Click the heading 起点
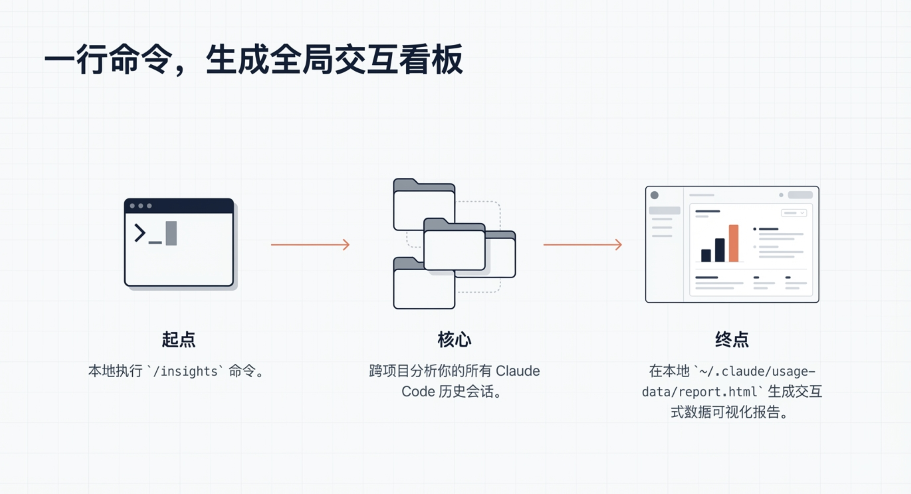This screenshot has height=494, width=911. coord(179,340)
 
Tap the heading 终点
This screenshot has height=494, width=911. coord(732,340)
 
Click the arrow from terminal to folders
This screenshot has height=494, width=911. coord(310,245)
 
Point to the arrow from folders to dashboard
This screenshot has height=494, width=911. coord(583,245)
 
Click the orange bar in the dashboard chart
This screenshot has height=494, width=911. coord(734,244)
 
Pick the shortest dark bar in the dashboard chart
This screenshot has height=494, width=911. coord(706,255)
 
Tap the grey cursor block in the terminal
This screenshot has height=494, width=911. coord(171,233)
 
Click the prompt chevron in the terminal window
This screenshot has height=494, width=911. coord(140,233)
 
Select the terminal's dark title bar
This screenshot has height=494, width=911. coord(179,206)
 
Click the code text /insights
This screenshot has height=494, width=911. coord(185,371)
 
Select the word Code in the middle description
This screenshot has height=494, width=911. coord(418,392)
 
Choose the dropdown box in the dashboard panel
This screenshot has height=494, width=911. coord(794,213)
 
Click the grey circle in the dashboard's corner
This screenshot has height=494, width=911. coord(654,195)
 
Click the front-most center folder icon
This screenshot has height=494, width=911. coord(454,247)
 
